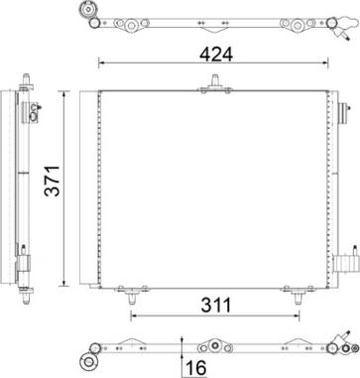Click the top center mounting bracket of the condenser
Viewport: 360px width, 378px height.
click(209, 87)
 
